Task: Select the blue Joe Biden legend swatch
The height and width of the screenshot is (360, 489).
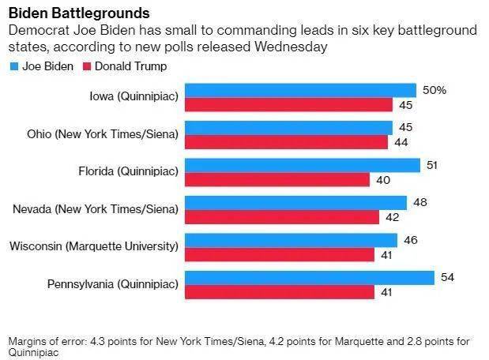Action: (x=13, y=66)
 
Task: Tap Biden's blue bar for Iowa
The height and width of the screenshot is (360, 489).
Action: (x=300, y=90)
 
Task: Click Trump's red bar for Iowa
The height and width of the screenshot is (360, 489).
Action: (x=288, y=105)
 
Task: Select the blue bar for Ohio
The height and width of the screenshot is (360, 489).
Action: (x=288, y=128)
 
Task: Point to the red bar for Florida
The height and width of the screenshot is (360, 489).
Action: (x=276, y=180)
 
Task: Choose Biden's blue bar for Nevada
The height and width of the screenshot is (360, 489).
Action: (x=295, y=203)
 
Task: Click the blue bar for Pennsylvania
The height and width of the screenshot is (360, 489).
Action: (x=309, y=278)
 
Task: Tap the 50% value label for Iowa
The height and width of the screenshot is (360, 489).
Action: (x=434, y=90)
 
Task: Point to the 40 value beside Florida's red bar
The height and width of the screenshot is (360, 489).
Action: (x=383, y=180)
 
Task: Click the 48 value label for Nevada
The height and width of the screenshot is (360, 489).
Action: (x=420, y=203)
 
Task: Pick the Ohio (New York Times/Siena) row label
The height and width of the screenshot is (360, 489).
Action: (x=101, y=133)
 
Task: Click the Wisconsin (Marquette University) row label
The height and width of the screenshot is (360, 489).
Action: (x=94, y=246)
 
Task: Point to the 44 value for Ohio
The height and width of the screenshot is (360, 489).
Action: (x=401, y=143)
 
